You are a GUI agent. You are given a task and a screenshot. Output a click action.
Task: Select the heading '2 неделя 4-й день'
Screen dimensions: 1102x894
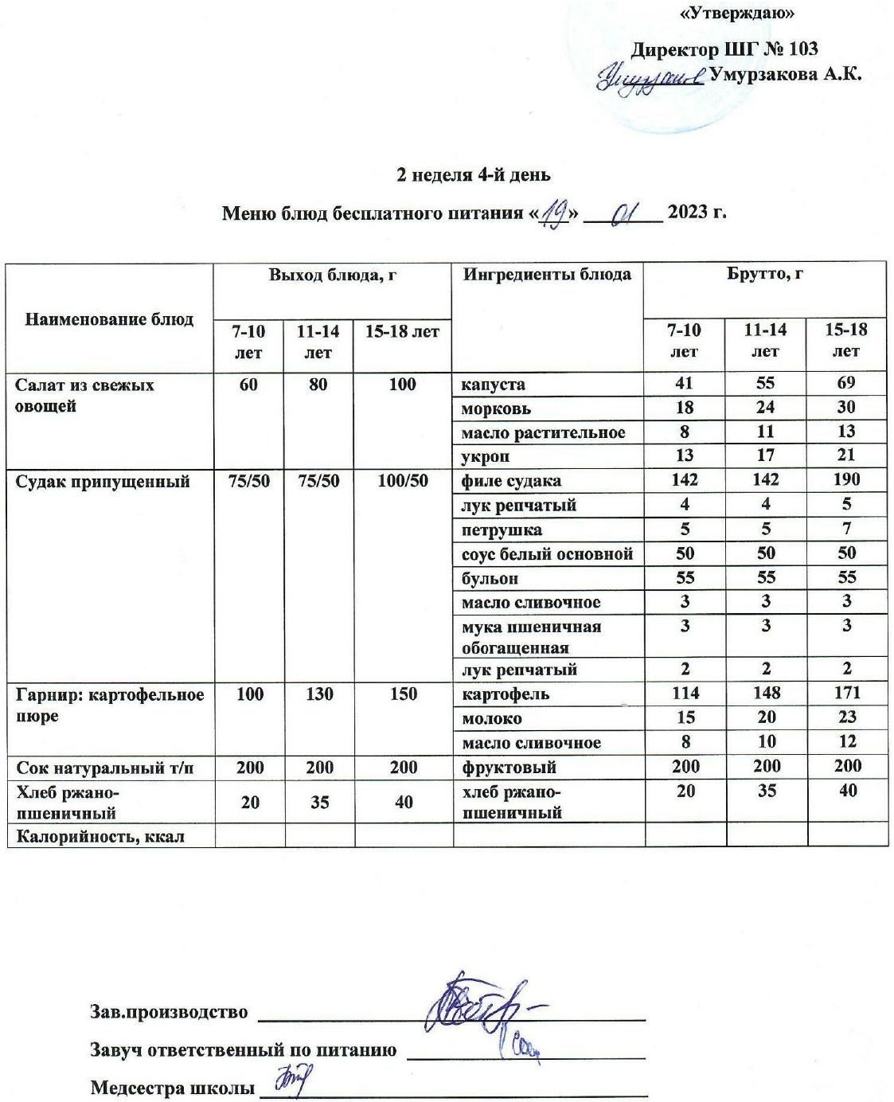[x=474, y=174]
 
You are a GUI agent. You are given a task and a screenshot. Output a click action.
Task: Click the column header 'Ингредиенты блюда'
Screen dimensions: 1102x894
[x=548, y=275]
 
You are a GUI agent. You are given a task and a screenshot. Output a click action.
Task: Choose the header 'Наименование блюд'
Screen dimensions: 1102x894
[x=110, y=319]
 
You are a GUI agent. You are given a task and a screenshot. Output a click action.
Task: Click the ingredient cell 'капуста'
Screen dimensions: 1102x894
[x=494, y=385]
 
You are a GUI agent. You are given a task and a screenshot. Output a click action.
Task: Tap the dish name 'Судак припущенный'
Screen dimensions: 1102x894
[x=103, y=481]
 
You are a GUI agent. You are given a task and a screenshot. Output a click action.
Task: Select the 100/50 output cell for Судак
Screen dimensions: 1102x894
[x=403, y=481]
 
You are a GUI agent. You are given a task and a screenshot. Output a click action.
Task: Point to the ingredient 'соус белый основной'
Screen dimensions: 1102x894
[x=548, y=554]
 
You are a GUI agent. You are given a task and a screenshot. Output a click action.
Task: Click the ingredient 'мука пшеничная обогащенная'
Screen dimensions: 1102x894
[x=531, y=637]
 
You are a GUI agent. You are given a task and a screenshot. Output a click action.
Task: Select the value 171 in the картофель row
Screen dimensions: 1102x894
[x=846, y=693]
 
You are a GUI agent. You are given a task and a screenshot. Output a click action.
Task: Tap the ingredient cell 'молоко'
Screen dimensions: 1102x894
[x=492, y=718]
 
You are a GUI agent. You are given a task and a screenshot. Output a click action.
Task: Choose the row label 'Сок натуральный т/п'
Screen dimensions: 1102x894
[x=104, y=768]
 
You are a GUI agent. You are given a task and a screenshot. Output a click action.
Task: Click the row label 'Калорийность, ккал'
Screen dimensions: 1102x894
[x=100, y=836]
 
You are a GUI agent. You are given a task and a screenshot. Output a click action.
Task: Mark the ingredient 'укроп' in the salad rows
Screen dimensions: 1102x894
[x=486, y=456]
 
